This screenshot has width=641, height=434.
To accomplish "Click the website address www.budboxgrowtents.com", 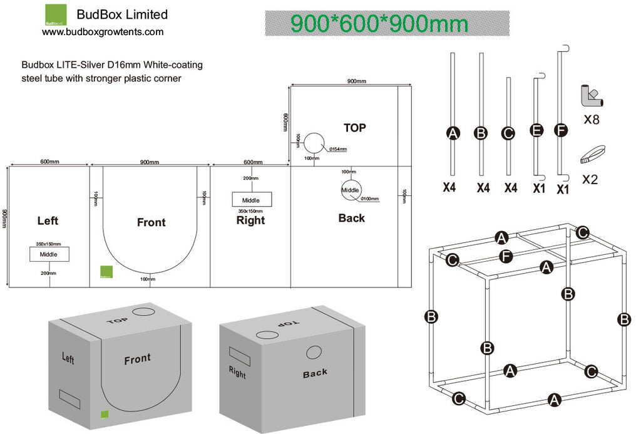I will point(103,31).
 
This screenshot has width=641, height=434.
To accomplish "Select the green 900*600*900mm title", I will point(379,24).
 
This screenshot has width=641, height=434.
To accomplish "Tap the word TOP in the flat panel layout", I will point(354,128).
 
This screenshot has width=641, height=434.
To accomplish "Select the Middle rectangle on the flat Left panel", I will point(49,254).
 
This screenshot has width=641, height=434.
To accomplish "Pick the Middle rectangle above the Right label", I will point(252,200).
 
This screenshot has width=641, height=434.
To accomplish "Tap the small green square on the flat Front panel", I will point(105,272).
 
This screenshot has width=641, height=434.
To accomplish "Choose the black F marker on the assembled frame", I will point(508,256).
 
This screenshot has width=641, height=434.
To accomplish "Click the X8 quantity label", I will point(591,119).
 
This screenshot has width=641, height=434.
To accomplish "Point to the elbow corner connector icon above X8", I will point(591,96).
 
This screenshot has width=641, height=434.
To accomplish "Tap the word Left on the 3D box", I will point(68,358).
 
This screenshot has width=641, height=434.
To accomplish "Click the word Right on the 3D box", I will point(237,373).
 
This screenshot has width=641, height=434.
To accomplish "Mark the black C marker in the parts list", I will point(508,133).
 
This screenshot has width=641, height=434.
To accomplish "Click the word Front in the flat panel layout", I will point(151,222).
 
